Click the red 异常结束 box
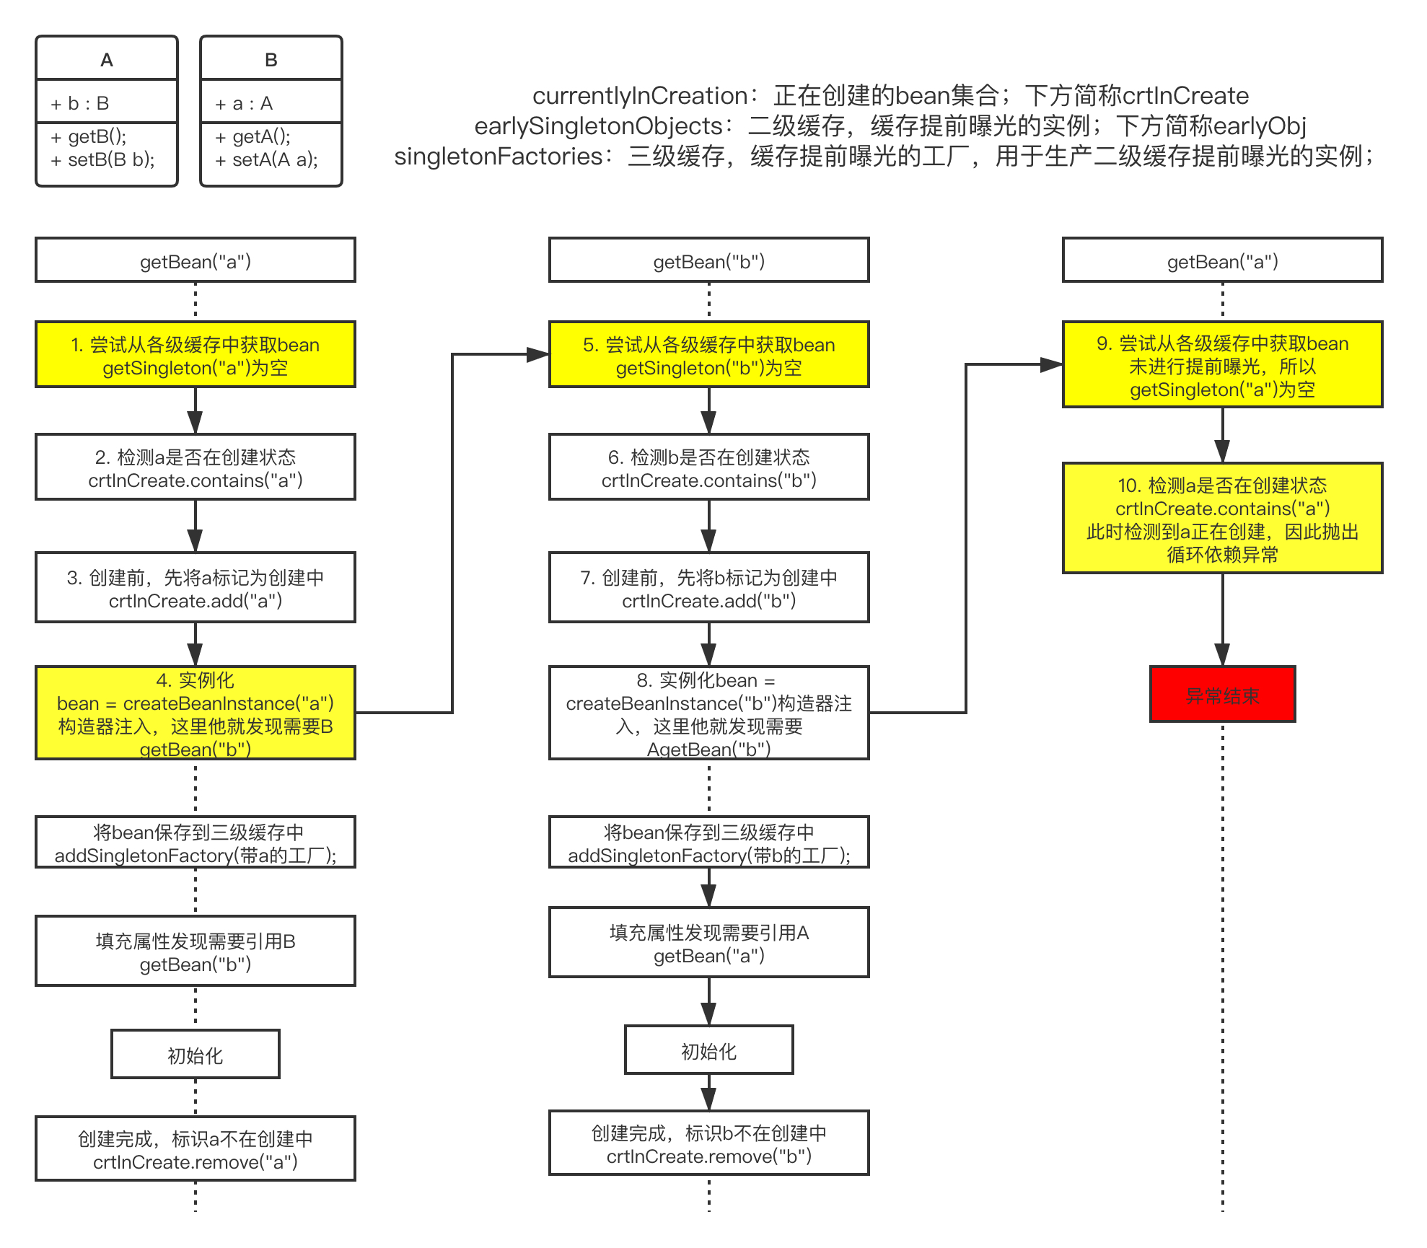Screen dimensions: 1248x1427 [x=1222, y=694]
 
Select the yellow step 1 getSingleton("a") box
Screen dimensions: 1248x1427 [x=196, y=355]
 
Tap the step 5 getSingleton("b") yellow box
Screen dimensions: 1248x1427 [x=708, y=355]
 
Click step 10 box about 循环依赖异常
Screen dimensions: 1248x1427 [x=1222, y=519]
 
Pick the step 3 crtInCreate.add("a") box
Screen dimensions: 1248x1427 [x=196, y=588]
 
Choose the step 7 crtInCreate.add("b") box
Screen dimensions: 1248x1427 [x=708, y=588]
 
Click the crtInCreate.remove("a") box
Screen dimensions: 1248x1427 [x=196, y=1149]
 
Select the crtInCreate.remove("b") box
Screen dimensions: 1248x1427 [x=708, y=1143]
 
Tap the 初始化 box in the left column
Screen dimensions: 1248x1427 [x=196, y=1055]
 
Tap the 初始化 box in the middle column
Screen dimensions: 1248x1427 [x=708, y=1050]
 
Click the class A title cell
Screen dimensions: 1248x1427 [x=107, y=59]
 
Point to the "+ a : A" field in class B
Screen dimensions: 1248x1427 [x=244, y=103]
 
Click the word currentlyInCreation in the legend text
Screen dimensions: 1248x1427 [x=639, y=96]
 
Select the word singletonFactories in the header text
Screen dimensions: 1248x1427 [x=498, y=157]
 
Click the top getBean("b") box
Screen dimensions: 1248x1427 [x=708, y=260]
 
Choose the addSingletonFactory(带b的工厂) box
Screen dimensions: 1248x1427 [x=708, y=843]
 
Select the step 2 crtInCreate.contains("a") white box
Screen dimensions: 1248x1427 [x=196, y=467]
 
